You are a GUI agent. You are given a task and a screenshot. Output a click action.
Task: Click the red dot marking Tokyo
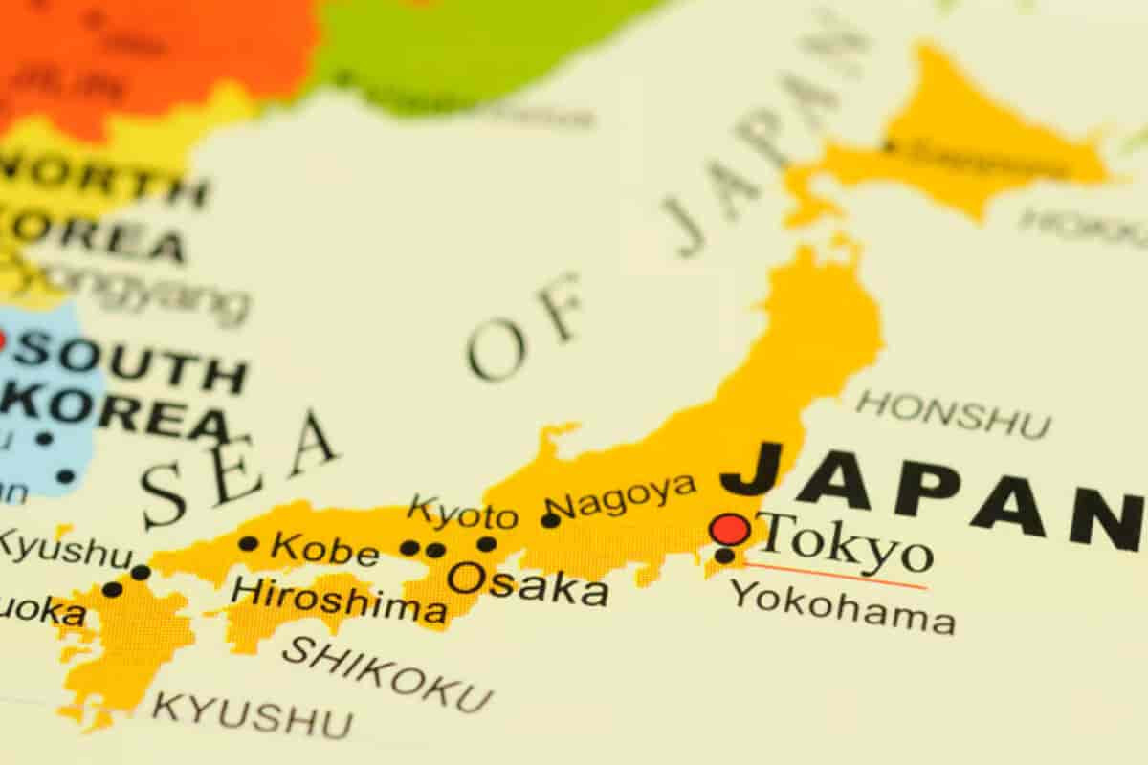click(730, 529)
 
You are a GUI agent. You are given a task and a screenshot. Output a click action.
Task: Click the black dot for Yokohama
click(724, 556)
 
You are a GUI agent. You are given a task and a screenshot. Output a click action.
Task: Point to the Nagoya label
click(625, 493)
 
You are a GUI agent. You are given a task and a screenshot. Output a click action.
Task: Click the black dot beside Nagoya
click(550, 520)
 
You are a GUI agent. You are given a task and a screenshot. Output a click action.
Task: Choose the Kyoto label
click(462, 514)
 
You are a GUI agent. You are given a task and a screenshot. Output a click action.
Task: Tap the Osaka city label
click(527, 582)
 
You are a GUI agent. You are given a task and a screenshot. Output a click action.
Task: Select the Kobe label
click(324, 549)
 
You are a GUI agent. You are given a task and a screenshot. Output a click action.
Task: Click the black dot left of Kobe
click(249, 543)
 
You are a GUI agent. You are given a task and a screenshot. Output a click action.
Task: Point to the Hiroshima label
click(338, 601)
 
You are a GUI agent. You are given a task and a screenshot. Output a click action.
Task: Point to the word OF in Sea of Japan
click(524, 325)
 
